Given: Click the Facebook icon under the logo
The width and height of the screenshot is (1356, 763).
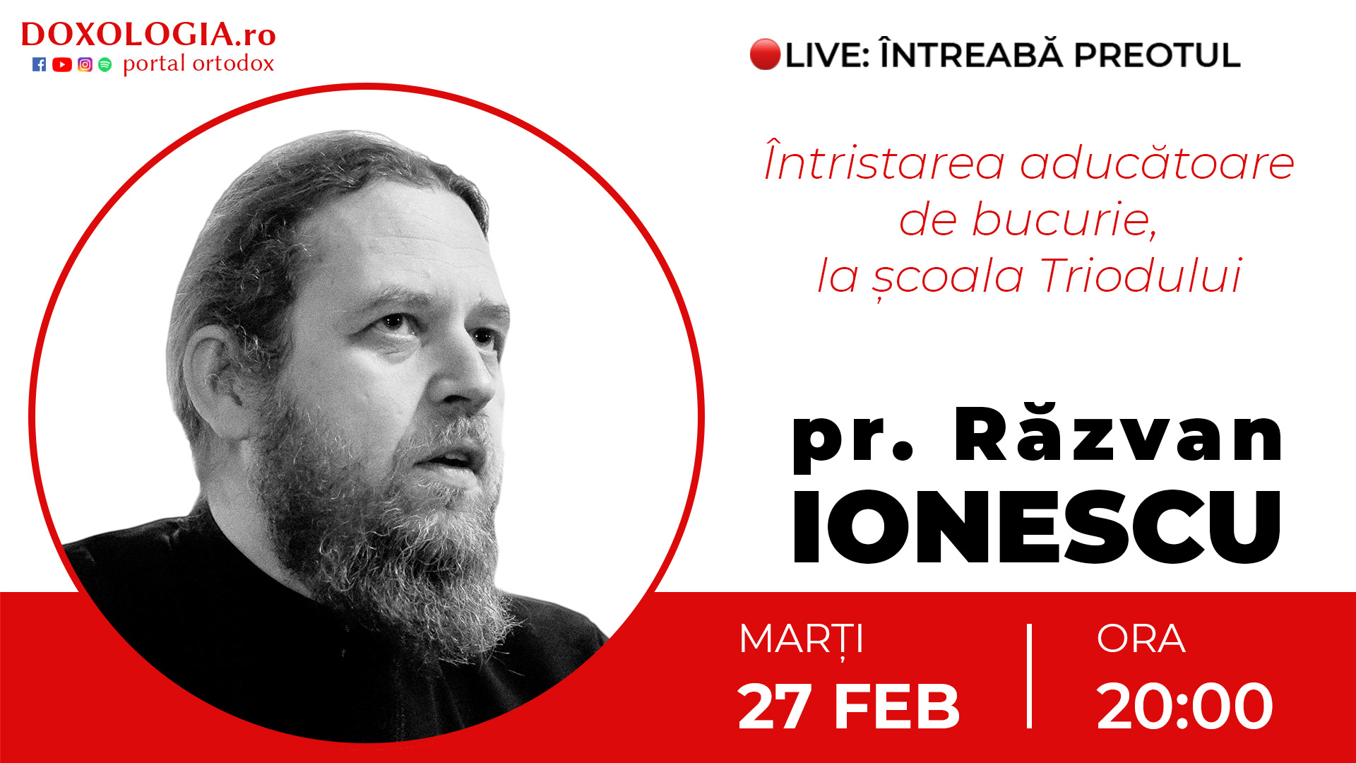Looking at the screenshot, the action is click(x=40, y=65).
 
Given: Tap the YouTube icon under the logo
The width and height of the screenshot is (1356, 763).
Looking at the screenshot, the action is click(x=62, y=65).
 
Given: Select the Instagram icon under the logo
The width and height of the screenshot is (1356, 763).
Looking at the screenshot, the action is click(x=85, y=65).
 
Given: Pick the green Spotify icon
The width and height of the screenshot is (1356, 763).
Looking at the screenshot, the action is click(x=105, y=65).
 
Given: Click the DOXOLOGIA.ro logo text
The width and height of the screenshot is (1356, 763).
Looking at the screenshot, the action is click(x=148, y=34).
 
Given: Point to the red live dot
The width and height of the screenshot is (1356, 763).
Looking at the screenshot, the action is click(x=765, y=54).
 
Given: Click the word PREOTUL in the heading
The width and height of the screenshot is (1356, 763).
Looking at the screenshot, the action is click(x=1157, y=55).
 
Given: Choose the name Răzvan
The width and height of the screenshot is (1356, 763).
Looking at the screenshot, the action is click(x=1118, y=433).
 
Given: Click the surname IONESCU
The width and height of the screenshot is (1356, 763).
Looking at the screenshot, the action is click(x=1037, y=526).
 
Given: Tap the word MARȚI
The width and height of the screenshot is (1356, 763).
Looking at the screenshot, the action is click(x=802, y=640).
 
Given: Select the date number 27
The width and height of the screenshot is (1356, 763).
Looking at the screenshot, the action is click(x=773, y=706).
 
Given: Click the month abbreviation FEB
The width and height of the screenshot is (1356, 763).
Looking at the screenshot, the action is click(x=898, y=706).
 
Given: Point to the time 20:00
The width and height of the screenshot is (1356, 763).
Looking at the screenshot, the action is click(x=1185, y=706).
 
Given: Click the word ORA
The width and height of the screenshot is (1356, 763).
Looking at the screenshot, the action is click(x=1141, y=639).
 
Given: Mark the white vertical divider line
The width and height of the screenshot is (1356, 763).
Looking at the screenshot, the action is click(x=1030, y=676).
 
